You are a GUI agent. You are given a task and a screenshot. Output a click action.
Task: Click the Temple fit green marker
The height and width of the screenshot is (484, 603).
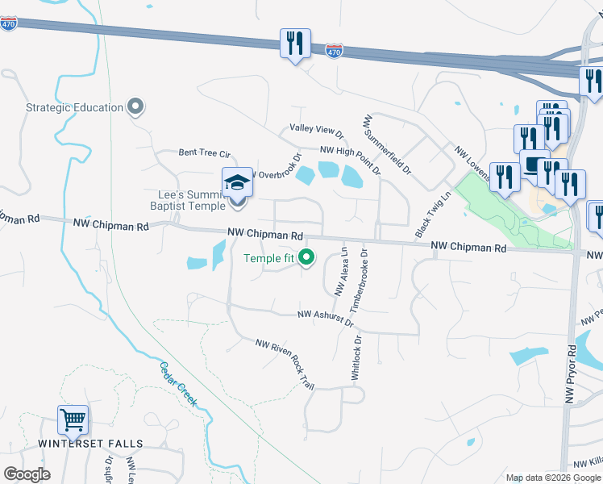pos(306,258)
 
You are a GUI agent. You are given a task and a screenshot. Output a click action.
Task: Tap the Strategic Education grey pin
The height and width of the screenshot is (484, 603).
pos(135,106)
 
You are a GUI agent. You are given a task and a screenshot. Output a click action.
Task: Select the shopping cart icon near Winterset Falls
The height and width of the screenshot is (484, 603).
pos(73,420)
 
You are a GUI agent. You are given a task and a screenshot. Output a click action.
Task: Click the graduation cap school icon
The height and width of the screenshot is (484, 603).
pos(238,183)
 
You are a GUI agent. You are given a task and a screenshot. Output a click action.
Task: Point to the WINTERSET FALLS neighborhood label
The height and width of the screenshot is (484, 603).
pos(90,444)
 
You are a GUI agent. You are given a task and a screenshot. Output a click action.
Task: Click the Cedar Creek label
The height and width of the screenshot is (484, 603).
pos(178,383)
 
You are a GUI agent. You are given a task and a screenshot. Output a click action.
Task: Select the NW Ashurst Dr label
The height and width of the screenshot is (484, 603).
pos(326,318)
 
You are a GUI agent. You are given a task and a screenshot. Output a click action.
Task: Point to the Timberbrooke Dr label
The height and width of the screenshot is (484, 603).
pos(359,280)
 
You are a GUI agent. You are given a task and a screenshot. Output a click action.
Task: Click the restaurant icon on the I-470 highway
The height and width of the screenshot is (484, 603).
pos(295,44)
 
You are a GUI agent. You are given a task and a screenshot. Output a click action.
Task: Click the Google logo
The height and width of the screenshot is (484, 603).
pos(27,474)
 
